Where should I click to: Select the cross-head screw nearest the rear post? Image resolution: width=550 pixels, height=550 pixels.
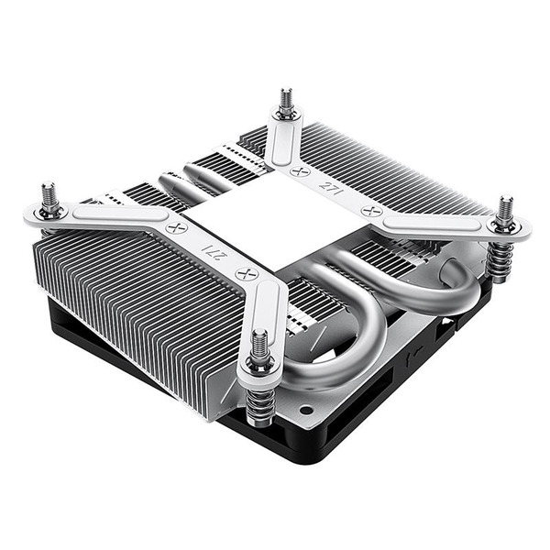coord(296,170)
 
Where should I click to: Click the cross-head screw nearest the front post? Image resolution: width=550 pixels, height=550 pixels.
coord(243,273)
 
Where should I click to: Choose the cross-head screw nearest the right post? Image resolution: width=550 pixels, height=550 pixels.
coord(372,210)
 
